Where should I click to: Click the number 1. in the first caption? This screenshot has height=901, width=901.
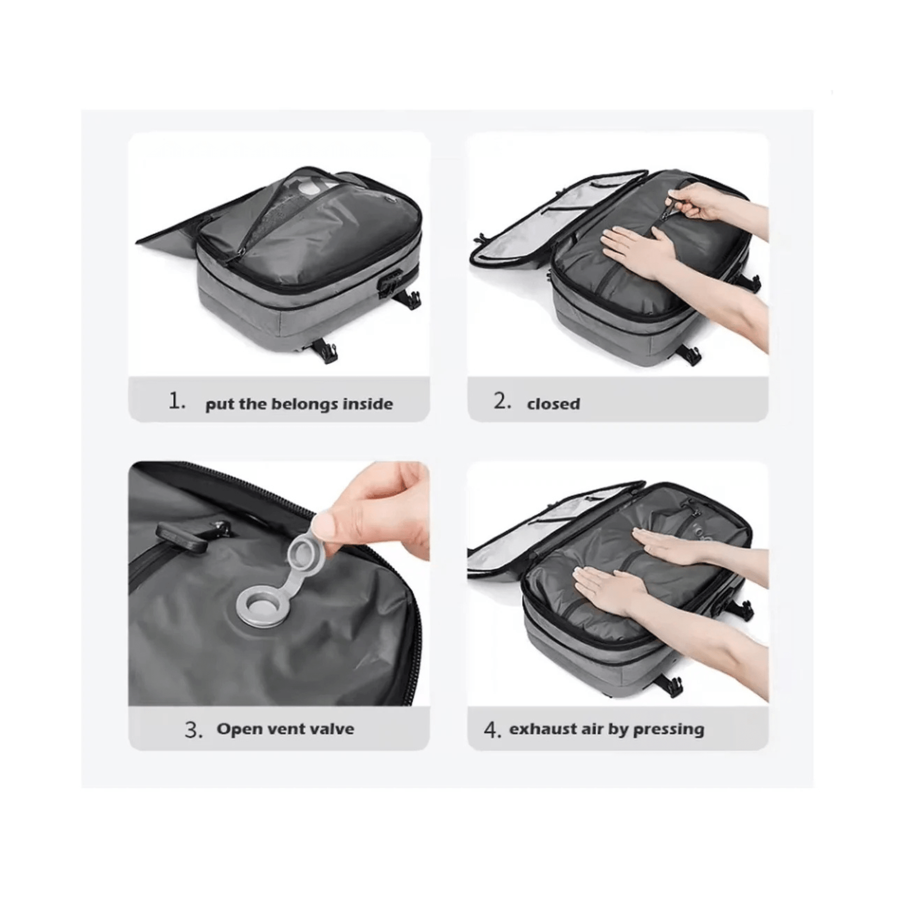tap(177, 401)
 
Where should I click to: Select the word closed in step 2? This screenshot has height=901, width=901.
tap(554, 403)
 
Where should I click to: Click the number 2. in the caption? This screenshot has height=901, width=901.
tap(503, 401)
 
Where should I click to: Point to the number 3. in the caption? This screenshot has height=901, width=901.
tap(194, 730)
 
